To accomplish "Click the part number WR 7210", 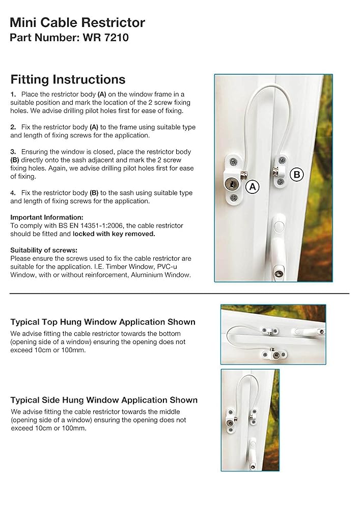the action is point(106,37).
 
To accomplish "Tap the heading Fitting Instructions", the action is point(68,79).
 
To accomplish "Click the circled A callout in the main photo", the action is point(252,187).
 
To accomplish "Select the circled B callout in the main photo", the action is point(296,175).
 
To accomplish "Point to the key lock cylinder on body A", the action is point(231,184).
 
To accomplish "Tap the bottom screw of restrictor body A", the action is point(233,197).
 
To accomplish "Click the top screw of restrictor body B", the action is point(282,160).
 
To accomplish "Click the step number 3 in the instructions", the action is point(13,152).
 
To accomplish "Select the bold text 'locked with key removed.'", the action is point(114,234).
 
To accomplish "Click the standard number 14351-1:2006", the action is point(103,225).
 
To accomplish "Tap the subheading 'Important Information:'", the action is point(47,217).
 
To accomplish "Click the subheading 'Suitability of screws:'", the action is point(44,250).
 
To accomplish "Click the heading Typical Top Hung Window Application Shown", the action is point(103,322).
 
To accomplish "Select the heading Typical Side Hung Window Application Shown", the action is point(104,400).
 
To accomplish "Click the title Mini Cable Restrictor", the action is point(77,22).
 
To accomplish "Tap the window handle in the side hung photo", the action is point(252,453).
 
